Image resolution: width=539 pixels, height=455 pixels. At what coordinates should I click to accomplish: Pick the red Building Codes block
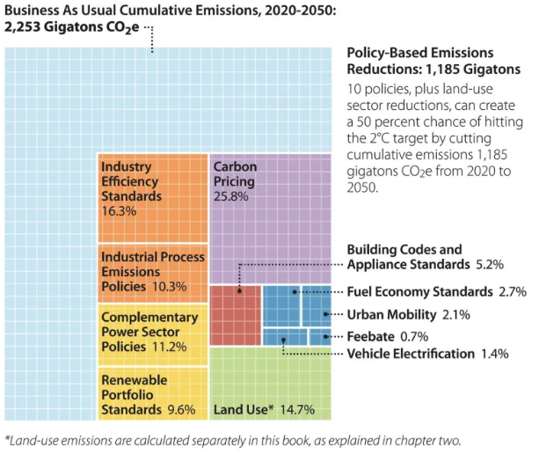tap(236, 313)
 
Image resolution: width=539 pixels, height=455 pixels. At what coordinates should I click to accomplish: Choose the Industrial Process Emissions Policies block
tap(151, 270)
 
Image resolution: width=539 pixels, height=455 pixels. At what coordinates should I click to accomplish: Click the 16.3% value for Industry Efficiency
tap(119, 211)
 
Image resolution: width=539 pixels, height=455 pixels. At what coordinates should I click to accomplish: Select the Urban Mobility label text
tap(390, 314)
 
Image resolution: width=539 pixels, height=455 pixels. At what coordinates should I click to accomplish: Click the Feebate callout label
tap(369, 336)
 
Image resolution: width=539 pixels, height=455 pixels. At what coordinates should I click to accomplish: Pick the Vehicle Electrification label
tap(411, 354)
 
